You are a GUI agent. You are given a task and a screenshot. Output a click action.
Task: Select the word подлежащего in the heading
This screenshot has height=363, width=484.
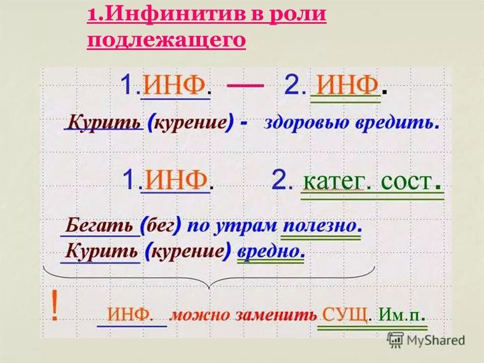pos(166,39)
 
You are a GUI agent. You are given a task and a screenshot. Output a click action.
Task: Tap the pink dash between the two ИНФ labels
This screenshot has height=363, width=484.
pos(245,86)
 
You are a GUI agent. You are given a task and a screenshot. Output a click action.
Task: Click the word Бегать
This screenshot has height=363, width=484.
pos(99,225)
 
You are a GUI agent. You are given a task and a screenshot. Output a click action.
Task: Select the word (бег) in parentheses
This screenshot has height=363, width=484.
pos(161,225)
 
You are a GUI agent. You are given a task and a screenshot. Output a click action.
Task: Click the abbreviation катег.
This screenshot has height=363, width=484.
pos(333,181)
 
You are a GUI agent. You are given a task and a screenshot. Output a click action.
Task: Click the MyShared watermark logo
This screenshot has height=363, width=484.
pos(426,340)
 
